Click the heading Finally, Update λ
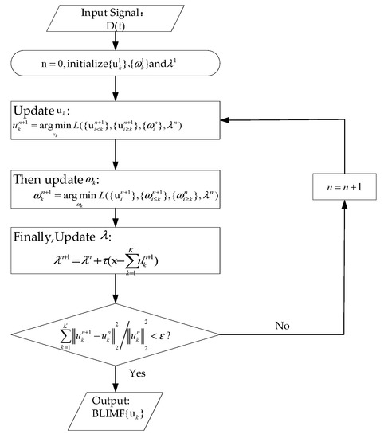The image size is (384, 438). pyautogui.click(x=69, y=237)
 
